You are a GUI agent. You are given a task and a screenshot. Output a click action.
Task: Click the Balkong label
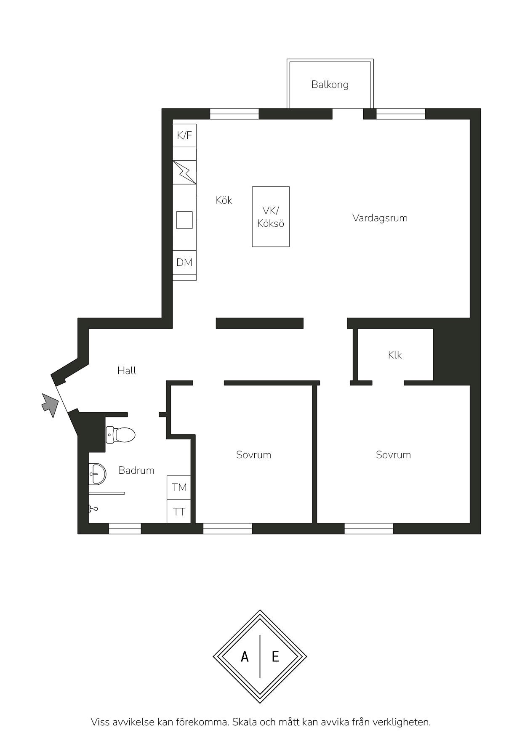tap(330, 85)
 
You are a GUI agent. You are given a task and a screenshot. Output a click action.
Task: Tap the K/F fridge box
tap(184, 135)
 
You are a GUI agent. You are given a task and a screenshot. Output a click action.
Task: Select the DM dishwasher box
tap(184, 263)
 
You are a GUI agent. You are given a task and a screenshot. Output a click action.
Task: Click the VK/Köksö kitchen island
tap(271, 217)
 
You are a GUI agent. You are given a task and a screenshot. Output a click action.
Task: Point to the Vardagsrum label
tap(380, 218)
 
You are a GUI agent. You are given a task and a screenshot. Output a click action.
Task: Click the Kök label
tap(224, 200)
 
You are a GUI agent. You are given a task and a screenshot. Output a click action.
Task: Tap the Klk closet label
tap(395, 355)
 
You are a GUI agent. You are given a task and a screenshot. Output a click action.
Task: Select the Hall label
tap(127, 371)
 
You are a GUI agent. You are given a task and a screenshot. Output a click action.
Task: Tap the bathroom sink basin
tap(97, 474)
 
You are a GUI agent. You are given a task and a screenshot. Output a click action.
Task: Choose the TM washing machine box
tap(179, 487)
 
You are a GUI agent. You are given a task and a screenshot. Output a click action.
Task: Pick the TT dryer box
tap(179, 512)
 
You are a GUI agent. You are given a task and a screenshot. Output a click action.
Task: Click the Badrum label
tap(136, 470)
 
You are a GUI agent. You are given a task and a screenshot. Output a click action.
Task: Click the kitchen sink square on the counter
tap(184, 220)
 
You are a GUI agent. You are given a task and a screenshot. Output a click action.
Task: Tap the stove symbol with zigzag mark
tap(184, 172)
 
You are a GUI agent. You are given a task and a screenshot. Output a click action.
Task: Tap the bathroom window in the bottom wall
tap(125, 529)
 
